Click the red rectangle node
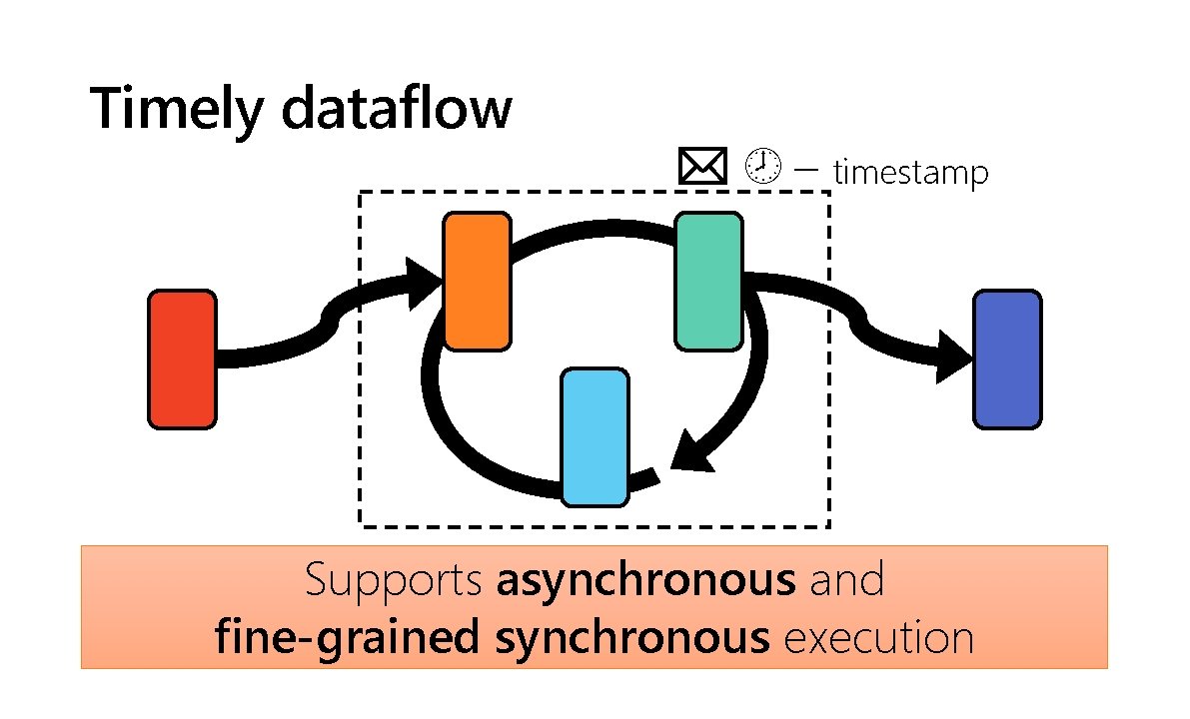click(x=182, y=359)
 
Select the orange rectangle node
click(x=478, y=282)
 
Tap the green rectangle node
click(x=708, y=282)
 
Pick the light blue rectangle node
click(x=595, y=437)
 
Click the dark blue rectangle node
click(x=1007, y=359)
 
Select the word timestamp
click(x=910, y=174)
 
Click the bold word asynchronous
click(x=646, y=581)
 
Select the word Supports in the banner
click(x=395, y=581)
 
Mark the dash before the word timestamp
click(x=806, y=169)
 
